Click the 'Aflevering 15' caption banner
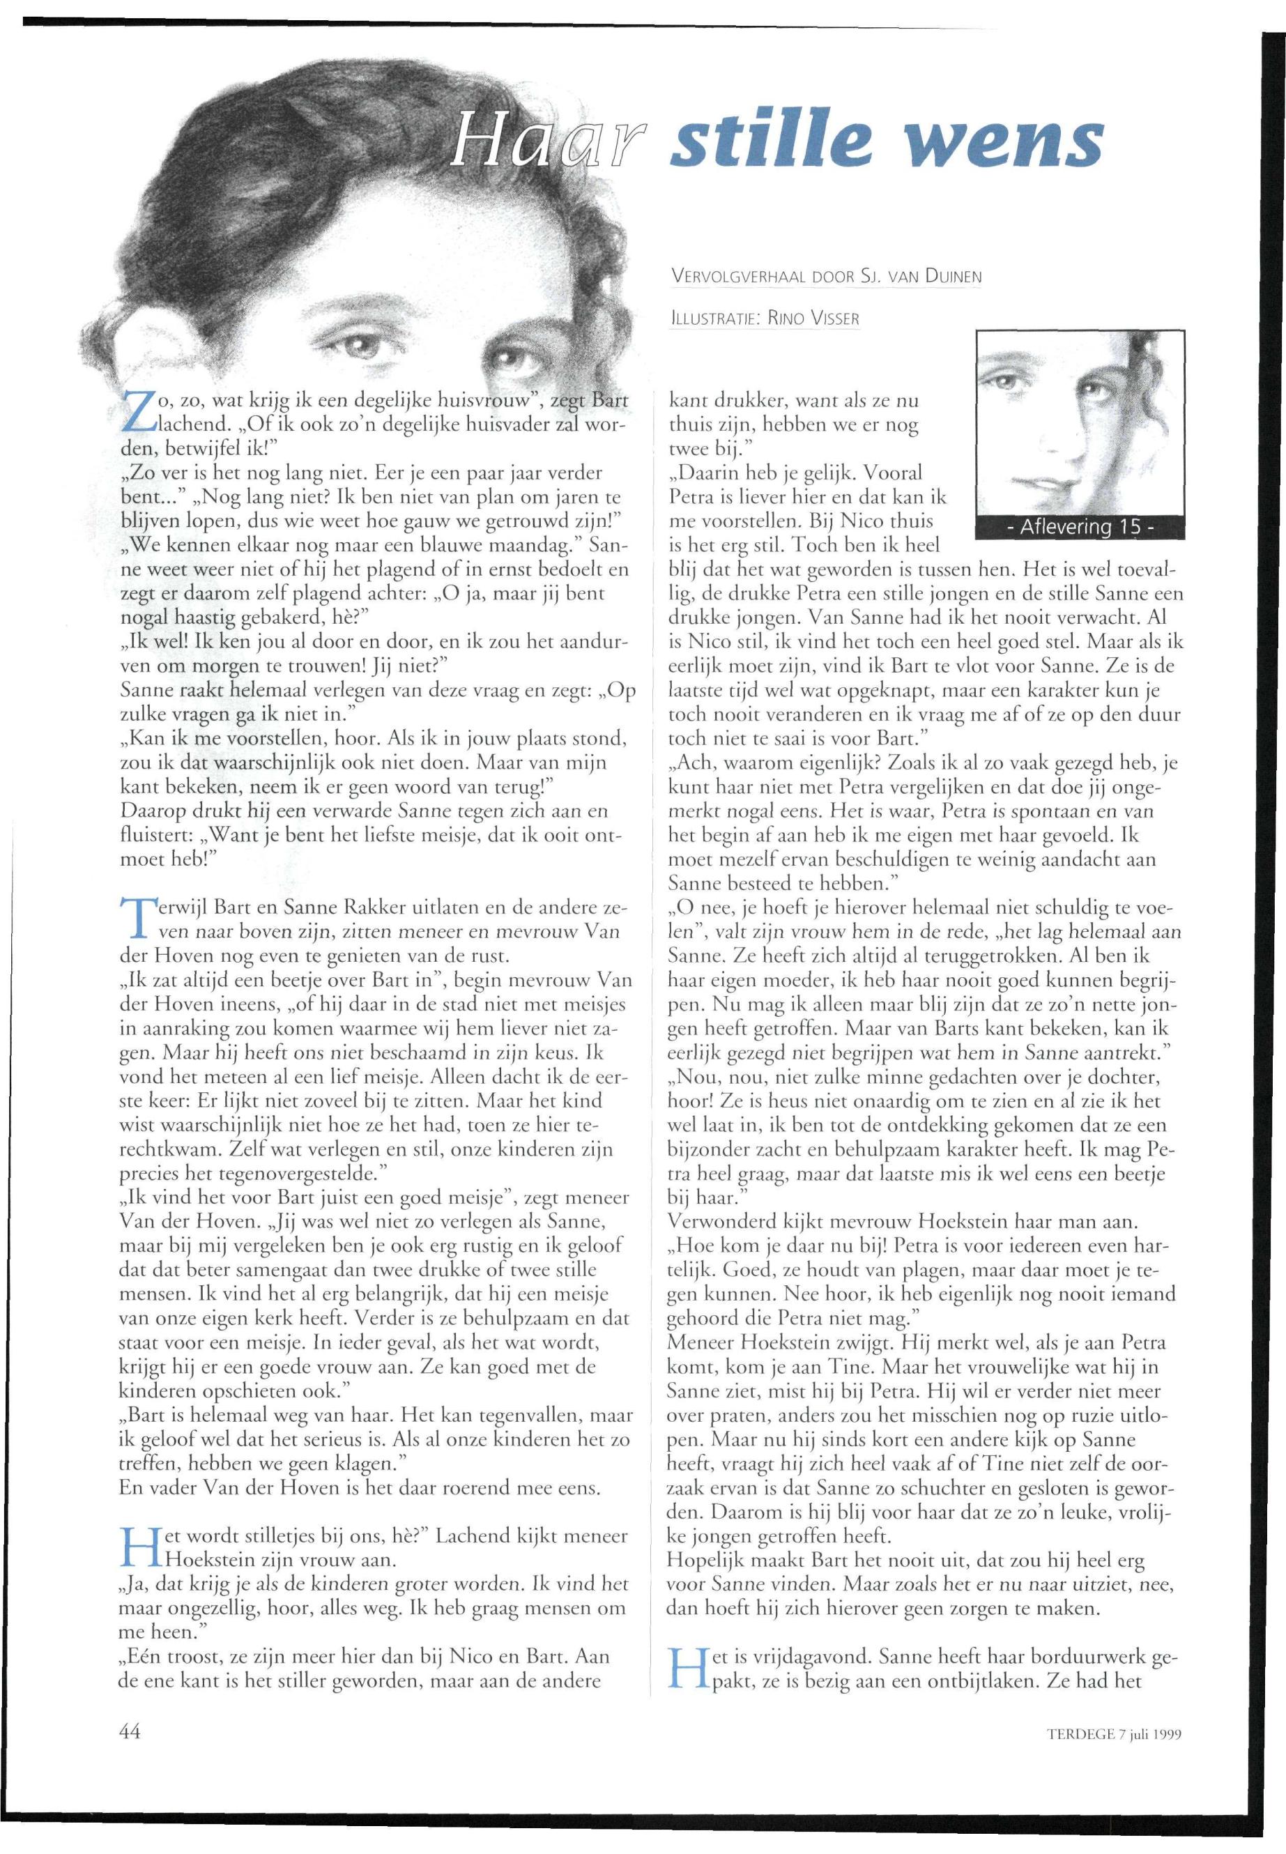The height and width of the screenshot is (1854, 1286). (1080, 528)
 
